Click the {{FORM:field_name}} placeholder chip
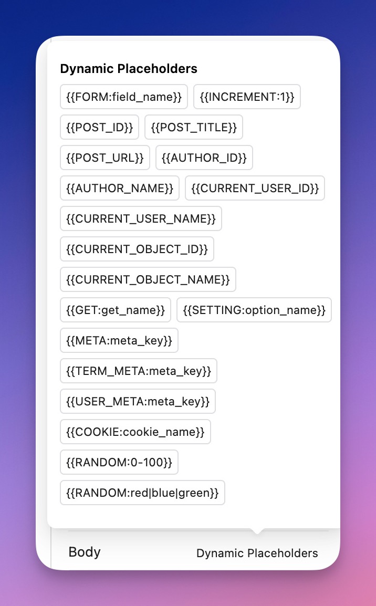[124, 97]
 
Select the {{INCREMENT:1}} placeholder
[247, 97]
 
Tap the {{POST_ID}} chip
[99, 127]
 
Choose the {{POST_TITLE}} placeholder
[194, 127]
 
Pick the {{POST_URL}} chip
[105, 158]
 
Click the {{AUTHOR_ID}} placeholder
[204, 158]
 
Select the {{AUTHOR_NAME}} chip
[120, 188]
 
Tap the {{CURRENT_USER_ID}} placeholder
[255, 188]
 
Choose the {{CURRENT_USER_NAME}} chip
[141, 218]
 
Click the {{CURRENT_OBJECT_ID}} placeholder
[137, 249]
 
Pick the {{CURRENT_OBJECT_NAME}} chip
[148, 279]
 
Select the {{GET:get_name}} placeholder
[116, 310]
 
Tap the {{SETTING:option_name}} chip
[254, 310]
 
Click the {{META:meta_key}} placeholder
[119, 340]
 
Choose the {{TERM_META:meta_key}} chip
[139, 371]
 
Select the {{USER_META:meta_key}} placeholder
[138, 401]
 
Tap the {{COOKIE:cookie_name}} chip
[135, 432]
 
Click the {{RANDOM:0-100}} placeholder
[119, 462]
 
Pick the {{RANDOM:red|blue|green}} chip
[142, 493]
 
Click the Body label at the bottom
[85, 552]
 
